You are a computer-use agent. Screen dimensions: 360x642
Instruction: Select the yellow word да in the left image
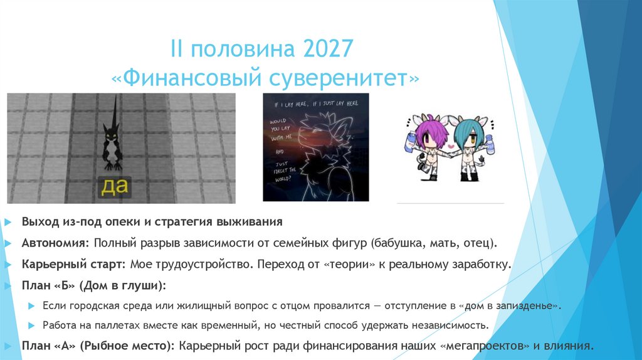[114, 186]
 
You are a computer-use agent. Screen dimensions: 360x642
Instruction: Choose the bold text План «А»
[49, 346]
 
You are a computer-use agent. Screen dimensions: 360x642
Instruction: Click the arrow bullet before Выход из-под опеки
[7, 222]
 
